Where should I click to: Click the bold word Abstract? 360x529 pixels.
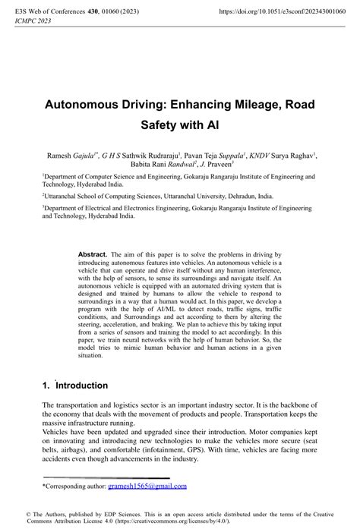(93, 254)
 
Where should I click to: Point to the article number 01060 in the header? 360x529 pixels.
(116, 12)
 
